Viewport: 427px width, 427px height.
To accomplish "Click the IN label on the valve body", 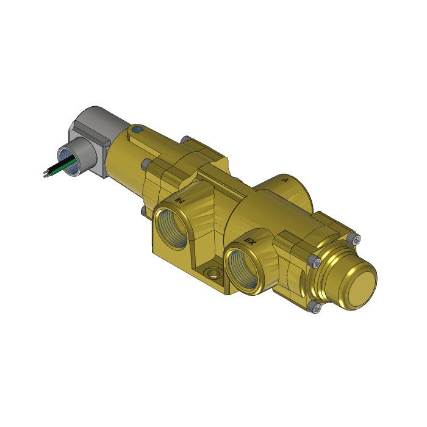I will [x=180, y=199].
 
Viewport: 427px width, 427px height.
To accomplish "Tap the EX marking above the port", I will [x=249, y=242].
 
